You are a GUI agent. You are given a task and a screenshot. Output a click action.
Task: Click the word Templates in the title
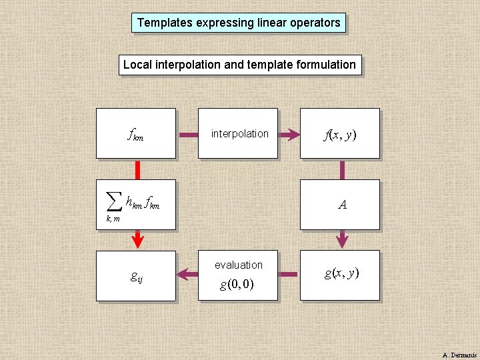pyautogui.click(x=164, y=23)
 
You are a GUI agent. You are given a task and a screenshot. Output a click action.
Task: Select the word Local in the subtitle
pyautogui.click(x=137, y=65)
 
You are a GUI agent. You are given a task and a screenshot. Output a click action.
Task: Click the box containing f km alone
pyautogui.click(x=136, y=133)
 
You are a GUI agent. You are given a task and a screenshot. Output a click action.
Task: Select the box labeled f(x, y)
pyautogui.click(x=340, y=133)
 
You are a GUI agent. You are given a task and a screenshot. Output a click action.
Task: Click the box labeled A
pyautogui.click(x=340, y=204)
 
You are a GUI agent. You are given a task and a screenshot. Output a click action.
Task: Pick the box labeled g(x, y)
pyautogui.click(x=340, y=275)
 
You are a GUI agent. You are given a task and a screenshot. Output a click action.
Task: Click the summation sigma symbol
pyautogui.click(x=115, y=199)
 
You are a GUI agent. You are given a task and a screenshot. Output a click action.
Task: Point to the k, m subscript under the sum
pyautogui.click(x=113, y=219)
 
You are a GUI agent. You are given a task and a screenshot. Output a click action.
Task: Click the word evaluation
pyautogui.click(x=239, y=265)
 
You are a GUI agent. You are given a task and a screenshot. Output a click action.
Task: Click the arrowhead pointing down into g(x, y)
pyautogui.click(x=343, y=239)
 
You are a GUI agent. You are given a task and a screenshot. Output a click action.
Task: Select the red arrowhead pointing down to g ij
pyautogui.click(x=138, y=239)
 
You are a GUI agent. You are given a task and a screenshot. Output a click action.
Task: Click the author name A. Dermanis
pyautogui.click(x=459, y=354)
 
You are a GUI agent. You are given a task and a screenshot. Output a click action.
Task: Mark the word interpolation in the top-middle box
pyautogui.click(x=239, y=133)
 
